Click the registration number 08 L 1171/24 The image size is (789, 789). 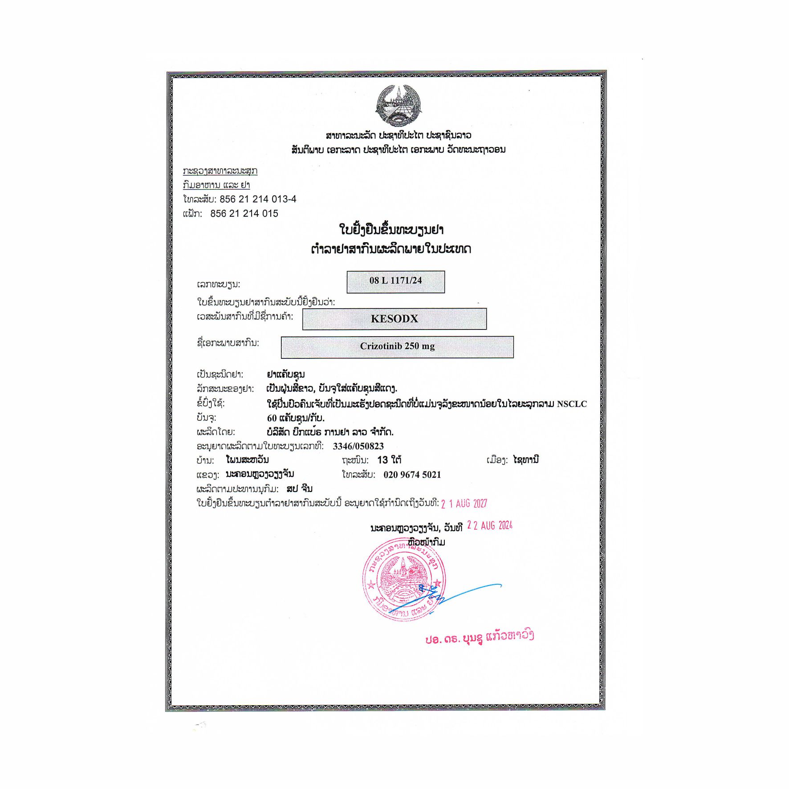(395, 281)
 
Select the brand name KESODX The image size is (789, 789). (394, 319)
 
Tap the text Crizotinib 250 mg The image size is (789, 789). (397, 346)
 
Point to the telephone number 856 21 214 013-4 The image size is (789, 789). (258, 199)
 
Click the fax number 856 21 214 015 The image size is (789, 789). (244, 214)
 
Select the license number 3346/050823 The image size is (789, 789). (358, 446)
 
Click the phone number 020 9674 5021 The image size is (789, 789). (412, 475)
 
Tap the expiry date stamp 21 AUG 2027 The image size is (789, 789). (464, 504)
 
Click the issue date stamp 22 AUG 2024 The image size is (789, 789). (490, 526)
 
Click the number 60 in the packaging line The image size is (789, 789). (272, 418)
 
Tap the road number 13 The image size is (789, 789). (382, 460)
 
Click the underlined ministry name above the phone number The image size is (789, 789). (220, 171)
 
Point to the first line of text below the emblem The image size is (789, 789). (398, 135)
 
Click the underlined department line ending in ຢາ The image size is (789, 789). (216, 185)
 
